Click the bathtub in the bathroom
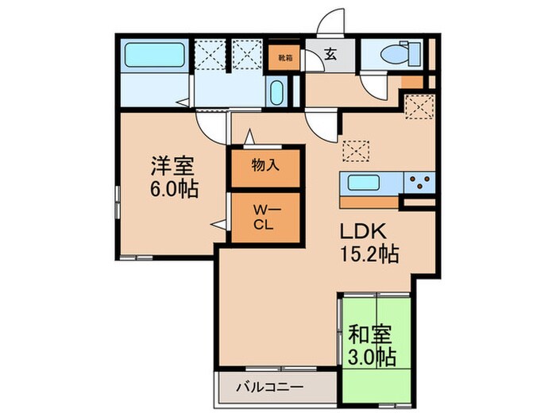pyautogui.click(x=155, y=56)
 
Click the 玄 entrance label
pyautogui.click(x=329, y=56)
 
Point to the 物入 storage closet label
pyautogui.click(x=265, y=168)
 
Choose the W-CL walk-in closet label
pyautogui.click(x=264, y=217)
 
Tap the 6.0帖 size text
pyautogui.click(x=173, y=191)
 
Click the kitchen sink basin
pyautogui.click(x=363, y=182)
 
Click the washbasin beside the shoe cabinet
pyautogui.click(x=277, y=93)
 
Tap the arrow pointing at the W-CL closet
pyautogui.click(x=217, y=226)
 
